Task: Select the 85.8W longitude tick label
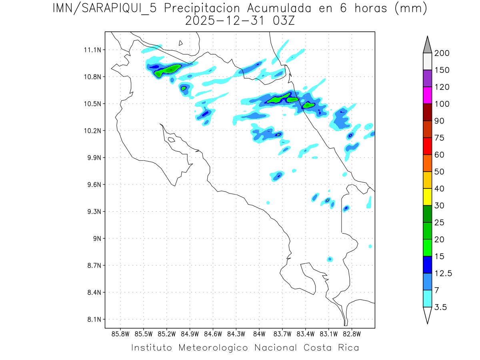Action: point(121,334)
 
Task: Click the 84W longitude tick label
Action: point(259,334)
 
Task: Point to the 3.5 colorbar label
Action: point(440,307)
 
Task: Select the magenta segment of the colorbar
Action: point(427,96)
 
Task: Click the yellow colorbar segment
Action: point(427,197)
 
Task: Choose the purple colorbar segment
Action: point(427,78)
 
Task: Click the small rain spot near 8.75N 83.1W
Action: point(330,259)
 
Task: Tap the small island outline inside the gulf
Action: point(171,140)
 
